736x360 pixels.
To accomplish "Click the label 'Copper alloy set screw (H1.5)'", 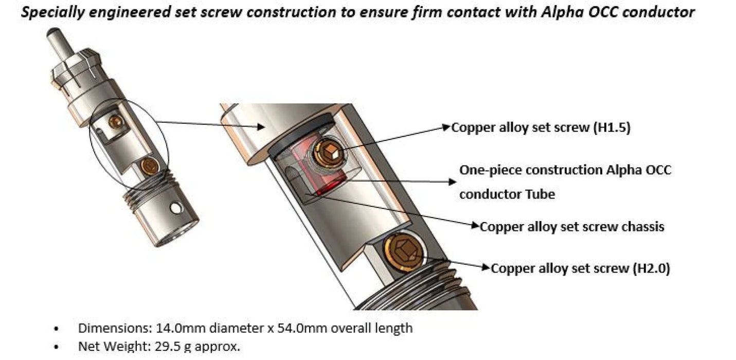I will (541, 128).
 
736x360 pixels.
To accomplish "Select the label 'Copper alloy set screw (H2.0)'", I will (580, 268).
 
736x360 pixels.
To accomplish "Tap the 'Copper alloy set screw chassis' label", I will (572, 226).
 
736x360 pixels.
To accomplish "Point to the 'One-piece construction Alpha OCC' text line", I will (565, 170).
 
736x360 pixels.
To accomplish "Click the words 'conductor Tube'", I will (507, 194).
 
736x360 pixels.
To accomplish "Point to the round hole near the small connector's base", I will (177, 208).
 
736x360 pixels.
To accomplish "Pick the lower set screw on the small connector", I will (150, 165).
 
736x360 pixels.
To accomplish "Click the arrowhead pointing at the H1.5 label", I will (447, 127).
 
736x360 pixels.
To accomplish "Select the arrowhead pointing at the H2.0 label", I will (487, 268).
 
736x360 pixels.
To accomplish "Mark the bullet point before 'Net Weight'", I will (56, 346).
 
